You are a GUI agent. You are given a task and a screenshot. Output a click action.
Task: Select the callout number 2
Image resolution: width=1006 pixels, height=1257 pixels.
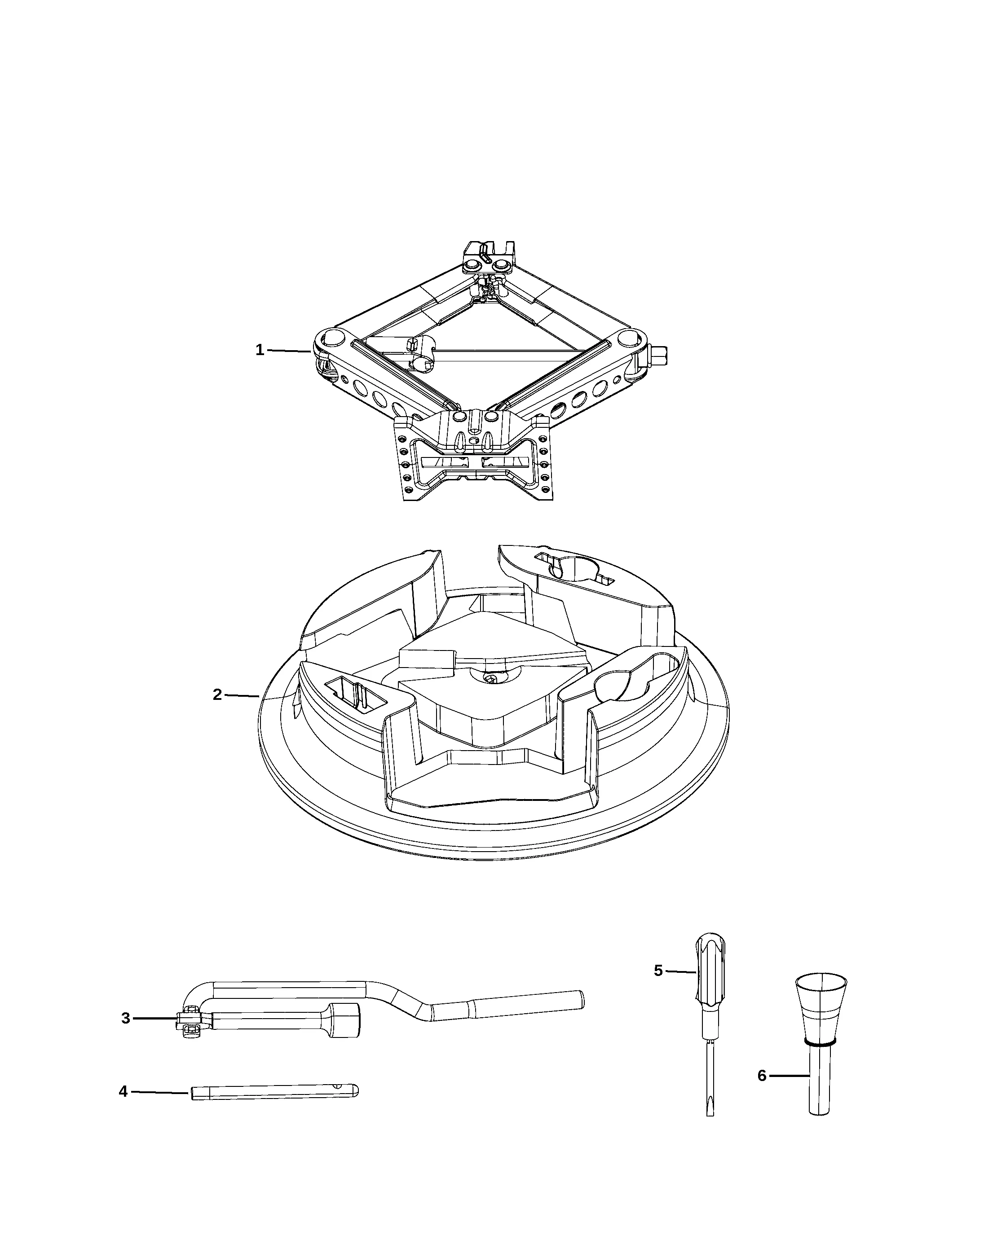(x=217, y=694)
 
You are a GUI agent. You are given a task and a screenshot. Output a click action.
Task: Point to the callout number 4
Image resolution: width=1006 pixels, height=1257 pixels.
(x=123, y=1091)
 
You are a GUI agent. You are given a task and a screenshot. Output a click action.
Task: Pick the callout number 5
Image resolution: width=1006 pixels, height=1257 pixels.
(x=658, y=970)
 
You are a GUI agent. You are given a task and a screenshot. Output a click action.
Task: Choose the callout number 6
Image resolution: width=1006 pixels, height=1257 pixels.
(x=762, y=1076)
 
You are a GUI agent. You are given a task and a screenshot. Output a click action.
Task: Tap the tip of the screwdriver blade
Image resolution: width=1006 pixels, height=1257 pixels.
(x=710, y=1115)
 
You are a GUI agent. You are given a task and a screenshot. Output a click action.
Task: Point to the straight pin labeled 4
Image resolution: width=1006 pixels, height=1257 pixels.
(x=274, y=1091)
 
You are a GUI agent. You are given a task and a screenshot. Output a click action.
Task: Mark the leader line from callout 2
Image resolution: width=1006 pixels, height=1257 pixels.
(x=242, y=695)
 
